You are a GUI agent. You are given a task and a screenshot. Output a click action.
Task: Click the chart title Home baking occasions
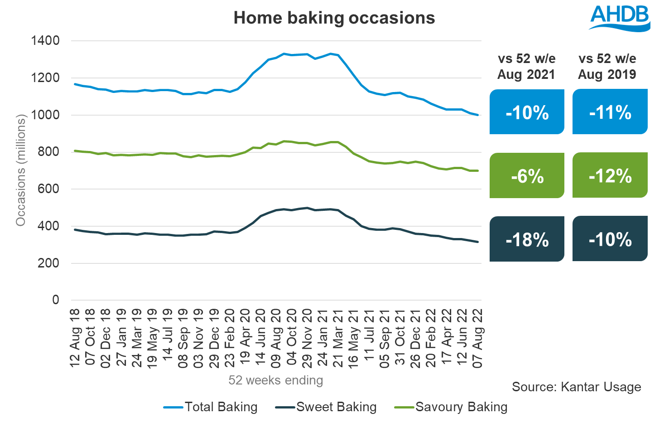click(x=334, y=18)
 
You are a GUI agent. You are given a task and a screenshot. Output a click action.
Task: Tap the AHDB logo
click(x=619, y=18)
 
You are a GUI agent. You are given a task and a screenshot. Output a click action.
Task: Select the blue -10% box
click(x=527, y=112)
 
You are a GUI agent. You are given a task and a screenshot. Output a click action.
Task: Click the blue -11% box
click(x=610, y=112)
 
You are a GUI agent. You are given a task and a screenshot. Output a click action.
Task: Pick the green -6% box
click(x=527, y=175)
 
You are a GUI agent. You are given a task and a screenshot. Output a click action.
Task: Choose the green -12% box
click(x=610, y=175)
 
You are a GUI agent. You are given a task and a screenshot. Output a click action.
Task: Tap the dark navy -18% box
click(x=527, y=239)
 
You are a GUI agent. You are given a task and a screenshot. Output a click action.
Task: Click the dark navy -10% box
click(x=610, y=239)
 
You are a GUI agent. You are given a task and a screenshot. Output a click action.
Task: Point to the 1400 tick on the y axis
click(x=45, y=41)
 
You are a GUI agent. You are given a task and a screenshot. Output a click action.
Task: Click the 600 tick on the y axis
click(x=48, y=189)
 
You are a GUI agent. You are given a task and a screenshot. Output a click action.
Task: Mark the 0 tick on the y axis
click(x=56, y=300)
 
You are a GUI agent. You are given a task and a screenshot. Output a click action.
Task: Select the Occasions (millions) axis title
click(x=21, y=170)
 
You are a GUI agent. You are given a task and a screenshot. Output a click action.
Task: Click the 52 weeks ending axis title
click(x=275, y=380)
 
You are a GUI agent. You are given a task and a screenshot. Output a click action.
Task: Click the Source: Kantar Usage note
click(x=576, y=387)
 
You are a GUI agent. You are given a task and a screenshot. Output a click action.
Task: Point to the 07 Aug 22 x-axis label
click(x=477, y=338)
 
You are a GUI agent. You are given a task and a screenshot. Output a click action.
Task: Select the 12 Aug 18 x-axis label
click(x=75, y=338)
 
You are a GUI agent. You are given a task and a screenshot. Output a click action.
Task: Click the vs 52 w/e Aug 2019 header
click(x=607, y=66)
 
